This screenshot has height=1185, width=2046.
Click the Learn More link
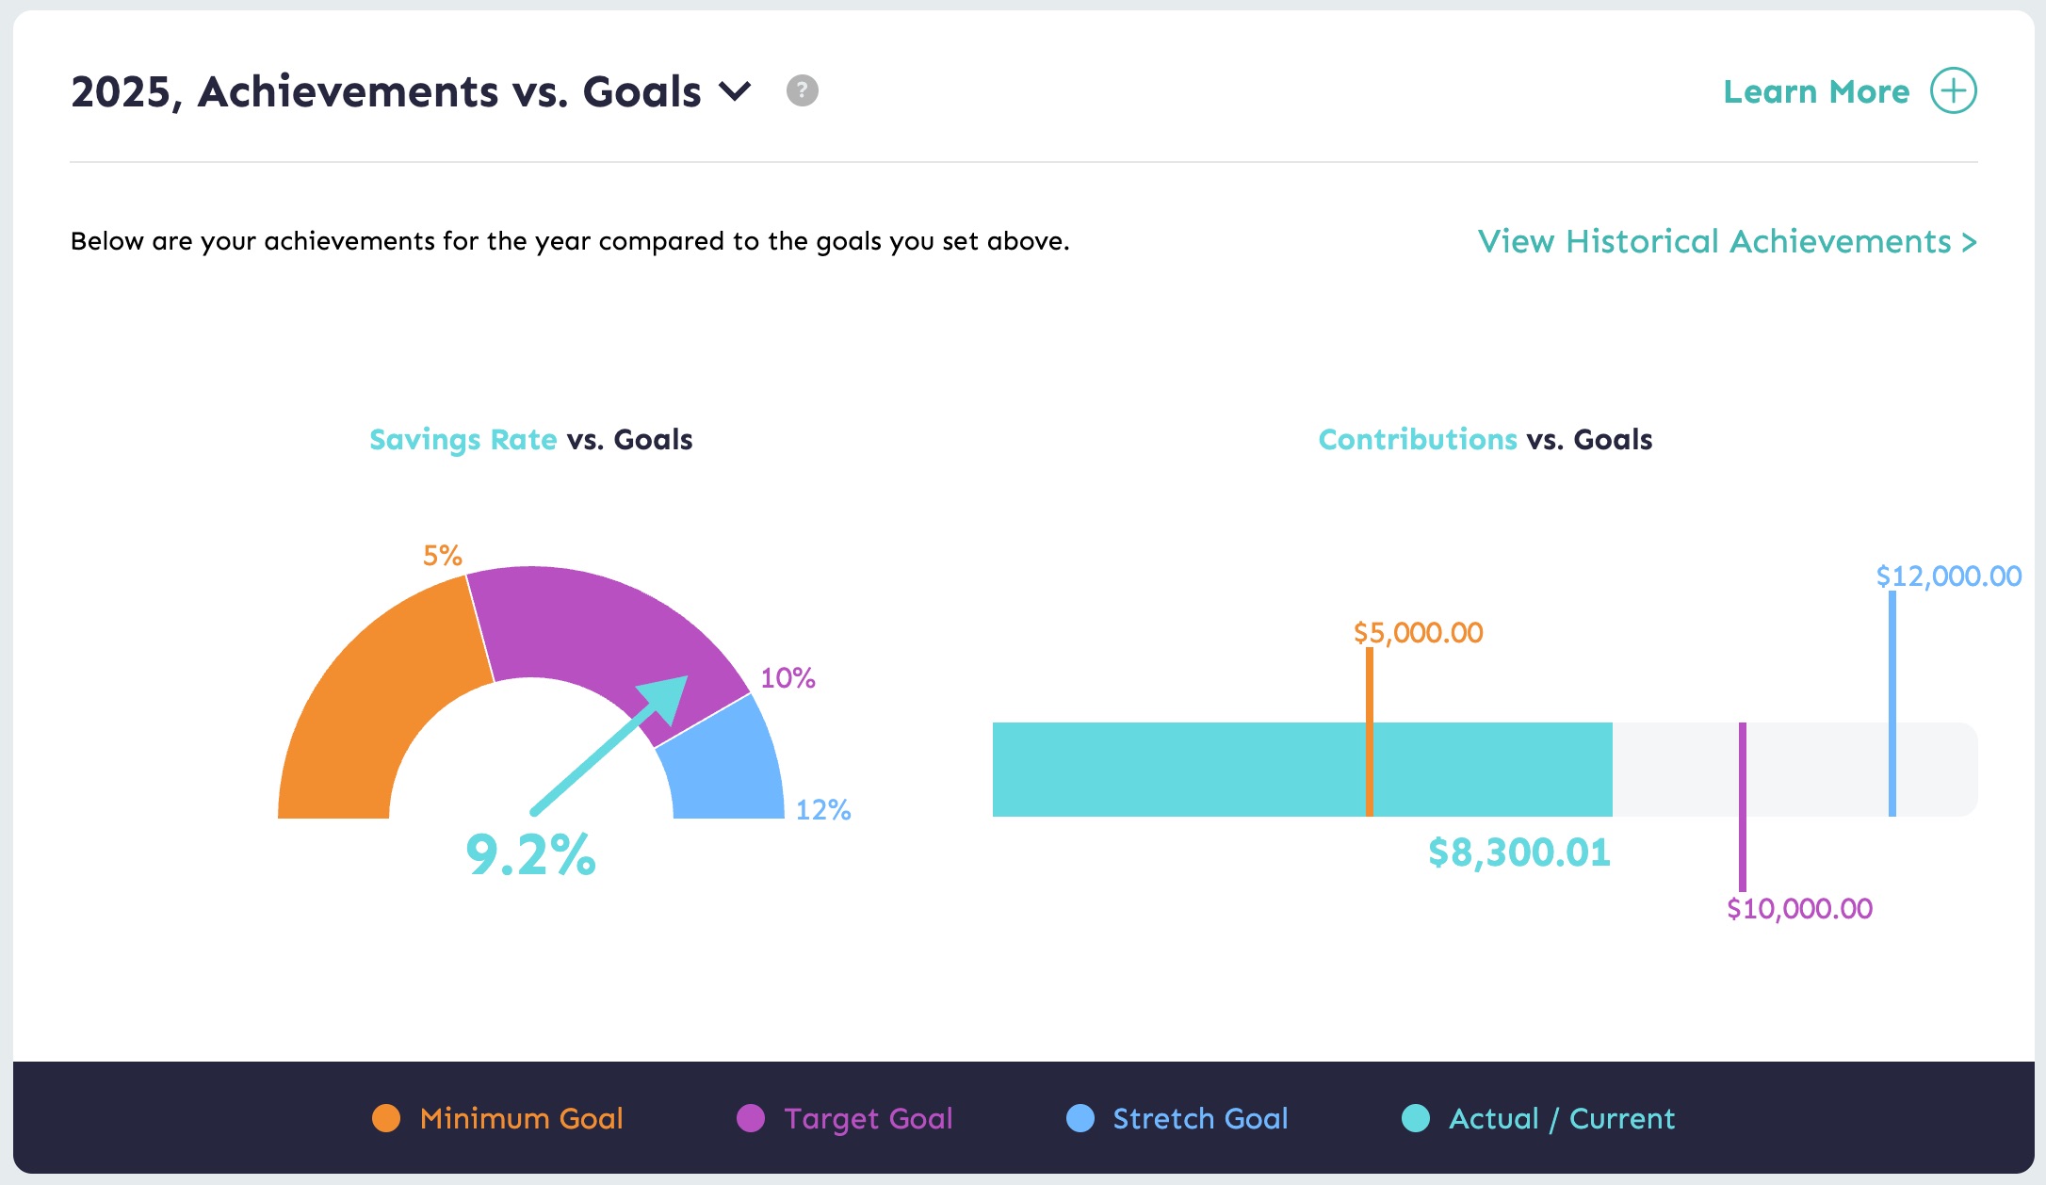[x=1815, y=91]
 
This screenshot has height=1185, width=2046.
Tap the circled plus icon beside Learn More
[x=1953, y=91]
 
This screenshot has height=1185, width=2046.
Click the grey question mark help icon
[x=802, y=90]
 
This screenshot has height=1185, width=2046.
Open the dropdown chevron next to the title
[x=735, y=91]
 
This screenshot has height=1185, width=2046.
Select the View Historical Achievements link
[x=1726, y=242]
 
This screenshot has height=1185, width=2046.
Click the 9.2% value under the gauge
[x=530, y=854]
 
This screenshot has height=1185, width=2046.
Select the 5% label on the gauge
[x=442, y=556]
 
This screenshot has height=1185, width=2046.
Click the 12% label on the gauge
[x=822, y=810]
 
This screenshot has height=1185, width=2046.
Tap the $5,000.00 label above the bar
[x=1418, y=632]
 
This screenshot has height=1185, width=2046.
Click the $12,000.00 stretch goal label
[x=1948, y=576]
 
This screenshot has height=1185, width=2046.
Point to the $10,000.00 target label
[x=1799, y=909]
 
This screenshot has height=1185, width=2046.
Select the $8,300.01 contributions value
[x=1518, y=852]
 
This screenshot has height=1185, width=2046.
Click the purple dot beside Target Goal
[x=750, y=1118]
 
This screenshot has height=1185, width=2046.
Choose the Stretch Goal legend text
[x=1200, y=1118]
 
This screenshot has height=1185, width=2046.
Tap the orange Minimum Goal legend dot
[x=386, y=1118]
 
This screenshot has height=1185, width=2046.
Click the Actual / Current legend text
[x=1561, y=1118]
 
